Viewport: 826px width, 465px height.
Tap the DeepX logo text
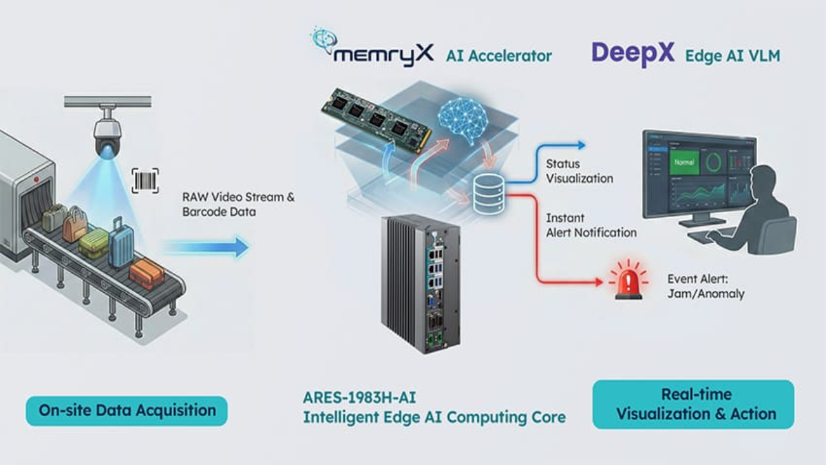[633, 54]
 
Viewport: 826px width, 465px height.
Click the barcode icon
[145, 181]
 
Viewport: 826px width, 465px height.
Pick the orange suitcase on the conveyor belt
[147, 273]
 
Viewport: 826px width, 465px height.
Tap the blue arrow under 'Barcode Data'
[206, 247]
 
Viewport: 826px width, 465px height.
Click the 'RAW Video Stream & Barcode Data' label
[238, 205]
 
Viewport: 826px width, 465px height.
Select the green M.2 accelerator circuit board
[376, 118]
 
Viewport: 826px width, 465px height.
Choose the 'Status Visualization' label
[579, 172]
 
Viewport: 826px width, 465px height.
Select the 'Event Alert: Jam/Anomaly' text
[706, 287]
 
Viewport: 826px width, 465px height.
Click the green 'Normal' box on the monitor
[684, 163]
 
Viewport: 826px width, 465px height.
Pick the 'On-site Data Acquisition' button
[127, 411]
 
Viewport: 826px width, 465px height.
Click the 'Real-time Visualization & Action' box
[693, 404]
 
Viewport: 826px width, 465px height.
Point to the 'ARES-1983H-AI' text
[362, 398]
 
